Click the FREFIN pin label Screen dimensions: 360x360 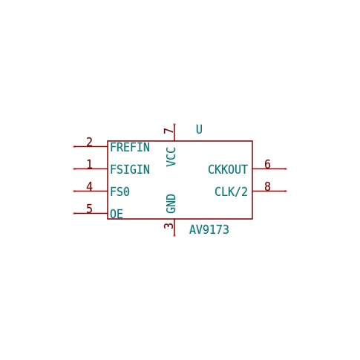pyautogui.click(x=130, y=148)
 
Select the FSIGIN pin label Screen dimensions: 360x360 pyautogui.click(x=130, y=169)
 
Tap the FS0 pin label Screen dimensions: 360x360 pyautogui.click(x=120, y=192)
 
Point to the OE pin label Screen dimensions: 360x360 pyautogui.click(x=117, y=214)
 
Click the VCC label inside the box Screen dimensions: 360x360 pyautogui.click(x=171, y=157)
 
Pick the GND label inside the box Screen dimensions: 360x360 pyautogui.click(x=171, y=203)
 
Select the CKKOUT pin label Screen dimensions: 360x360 pyautogui.click(x=228, y=169)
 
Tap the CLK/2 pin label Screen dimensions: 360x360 pyautogui.click(x=231, y=192)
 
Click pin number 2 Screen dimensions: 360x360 pyautogui.click(x=89, y=142)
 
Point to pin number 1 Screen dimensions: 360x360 pyautogui.click(x=89, y=164)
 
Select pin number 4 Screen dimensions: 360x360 pyautogui.click(x=89, y=186)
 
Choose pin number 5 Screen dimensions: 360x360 pyautogui.click(x=89, y=209)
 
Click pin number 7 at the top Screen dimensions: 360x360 pyautogui.click(x=168, y=131)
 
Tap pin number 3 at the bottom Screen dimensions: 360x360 pyautogui.click(x=168, y=226)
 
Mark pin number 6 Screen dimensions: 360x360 pyautogui.click(x=267, y=164)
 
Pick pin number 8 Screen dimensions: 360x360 pyautogui.click(x=267, y=186)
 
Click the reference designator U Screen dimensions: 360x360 pyautogui.click(x=199, y=129)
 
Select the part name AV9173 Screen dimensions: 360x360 pyautogui.click(x=209, y=229)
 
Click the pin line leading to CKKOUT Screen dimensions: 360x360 pyautogui.click(x=269, y=168)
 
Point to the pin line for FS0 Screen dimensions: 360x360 pyautogui.click(x=91, y=191)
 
